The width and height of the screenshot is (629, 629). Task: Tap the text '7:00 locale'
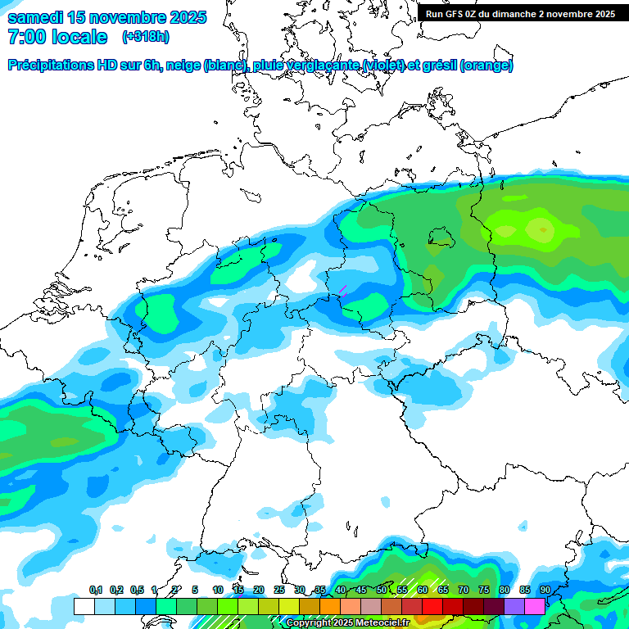coord(57,37)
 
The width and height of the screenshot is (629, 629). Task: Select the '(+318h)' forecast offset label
coord(146,37)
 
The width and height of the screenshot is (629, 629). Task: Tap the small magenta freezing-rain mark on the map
coord(343,289)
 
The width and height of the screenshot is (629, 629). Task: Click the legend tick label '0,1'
coord(95,591)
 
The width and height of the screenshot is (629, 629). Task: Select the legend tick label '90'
coord(545,591)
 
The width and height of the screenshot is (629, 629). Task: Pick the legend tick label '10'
coord(218,591)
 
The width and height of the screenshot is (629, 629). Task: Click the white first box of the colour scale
coord(84,606)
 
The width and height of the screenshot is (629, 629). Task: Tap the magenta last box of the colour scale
coord(534,606)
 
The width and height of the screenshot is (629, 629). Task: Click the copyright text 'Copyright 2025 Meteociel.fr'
coord(348,622)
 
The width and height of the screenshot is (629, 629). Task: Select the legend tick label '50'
coord(382,591)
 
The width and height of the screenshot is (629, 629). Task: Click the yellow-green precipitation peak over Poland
coord(541,229)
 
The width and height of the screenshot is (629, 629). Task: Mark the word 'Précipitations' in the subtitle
coord(51,65)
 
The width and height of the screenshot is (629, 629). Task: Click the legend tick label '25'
coord(279,591)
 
